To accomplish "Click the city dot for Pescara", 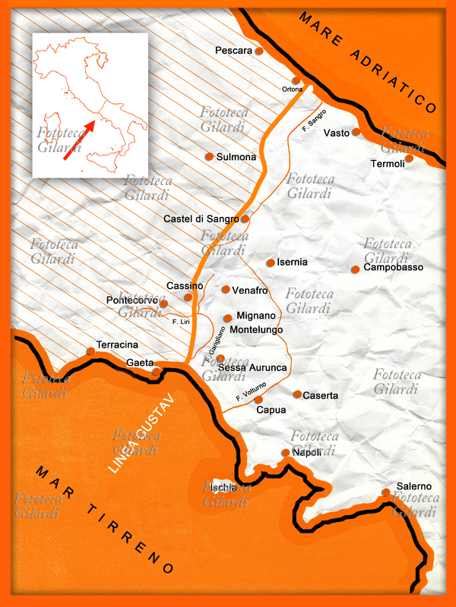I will point(259,51).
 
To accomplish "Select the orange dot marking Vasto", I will point(356,132).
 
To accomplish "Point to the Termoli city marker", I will point(409,158).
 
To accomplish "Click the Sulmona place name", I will point(236,157).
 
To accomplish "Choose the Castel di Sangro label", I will point(201,219).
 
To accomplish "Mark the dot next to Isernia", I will point(270,263).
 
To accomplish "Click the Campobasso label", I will point(393,268).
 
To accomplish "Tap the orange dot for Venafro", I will point(226,289).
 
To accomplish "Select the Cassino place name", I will point(185,286).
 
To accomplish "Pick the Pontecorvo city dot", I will point(163,303).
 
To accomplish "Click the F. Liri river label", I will point(180,322).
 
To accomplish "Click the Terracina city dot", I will point(91,351).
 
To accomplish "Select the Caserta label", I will point(321,396).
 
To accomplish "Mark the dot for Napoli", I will point(286,452).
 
